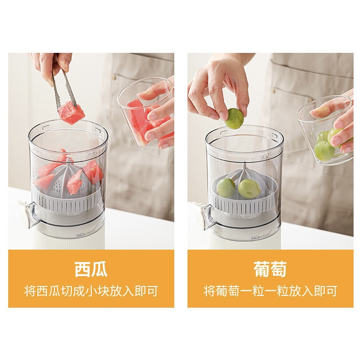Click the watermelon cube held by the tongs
(71, 113)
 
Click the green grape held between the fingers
(234, 118)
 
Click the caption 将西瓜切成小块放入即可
(91, 291)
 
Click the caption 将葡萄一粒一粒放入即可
(270, 291)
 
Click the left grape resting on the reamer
(226, 188)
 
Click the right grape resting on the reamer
(249, 189)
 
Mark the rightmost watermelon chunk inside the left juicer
(93, 172)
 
